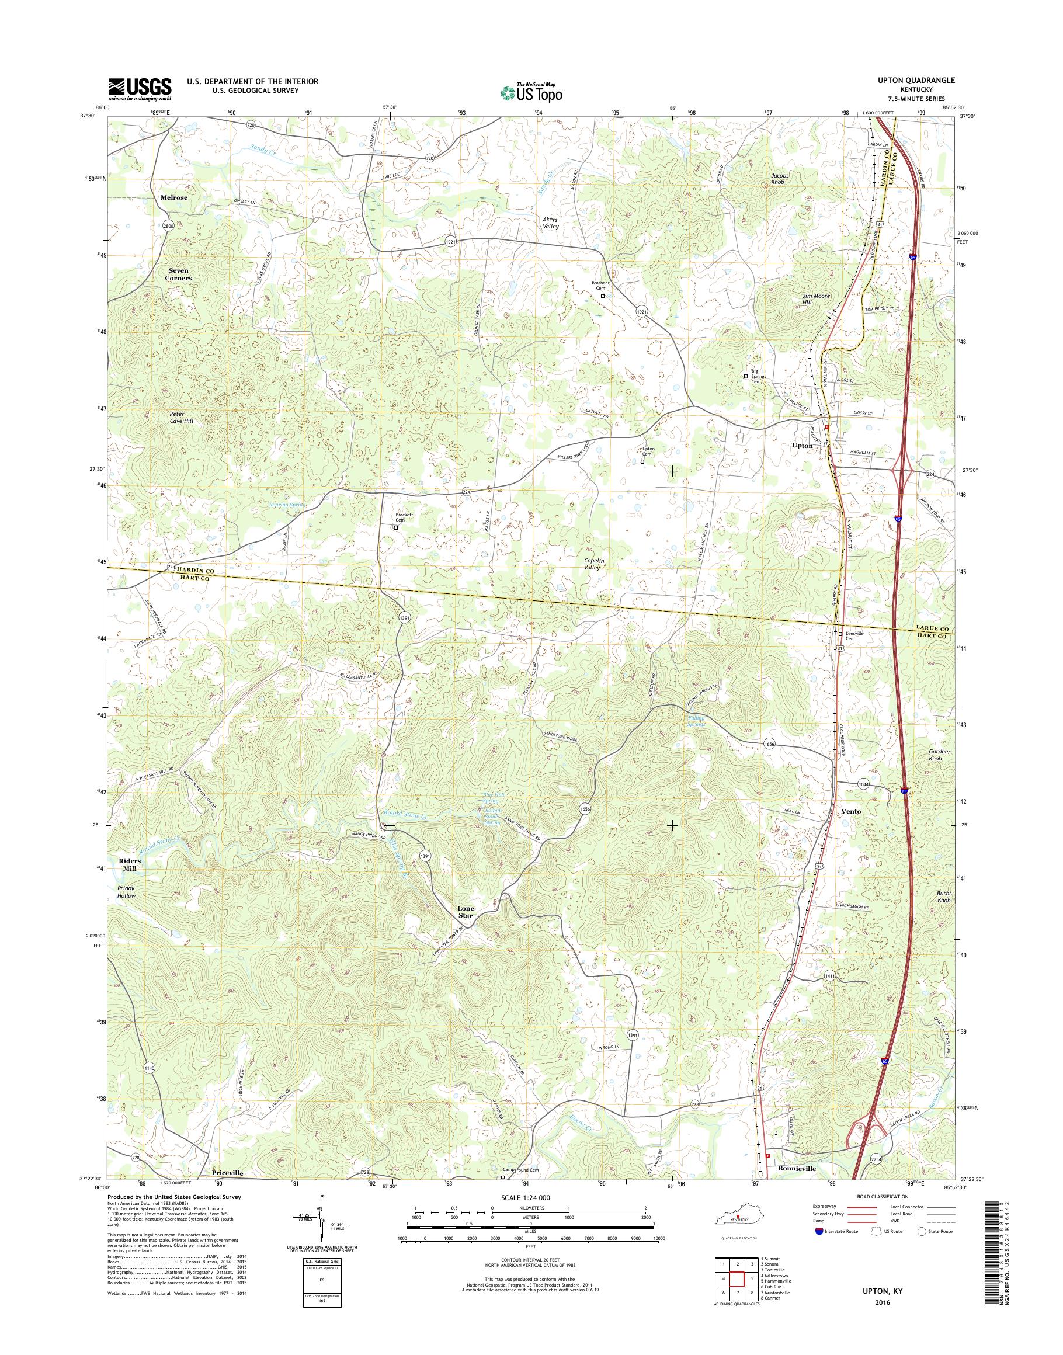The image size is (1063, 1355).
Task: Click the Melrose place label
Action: tap(173, 197)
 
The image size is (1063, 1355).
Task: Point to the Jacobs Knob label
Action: tap(780, 179)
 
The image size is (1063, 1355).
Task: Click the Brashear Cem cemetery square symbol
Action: tap(602, 297)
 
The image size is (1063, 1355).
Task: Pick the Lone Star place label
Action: tap(466, 912)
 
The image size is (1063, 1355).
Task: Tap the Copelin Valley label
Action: tap(595, 564)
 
